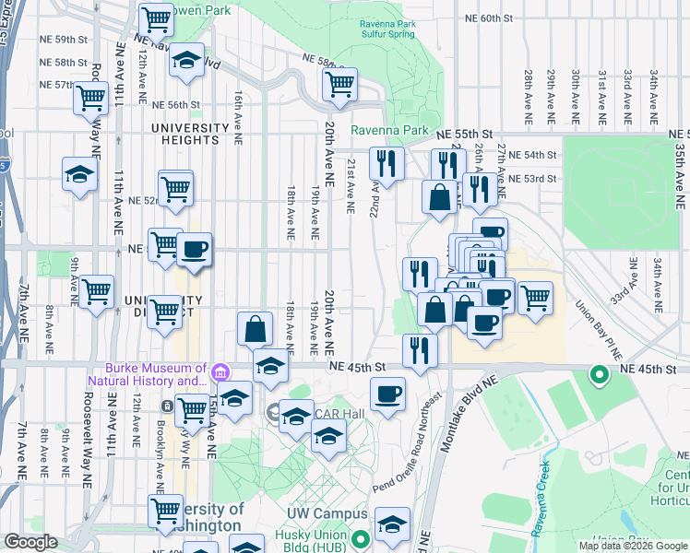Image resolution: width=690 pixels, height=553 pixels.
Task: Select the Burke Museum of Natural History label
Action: pyautogui.click(x=147, y=373)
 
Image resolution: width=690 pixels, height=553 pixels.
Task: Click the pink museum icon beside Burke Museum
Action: pyautogui.click(x=220, y=372)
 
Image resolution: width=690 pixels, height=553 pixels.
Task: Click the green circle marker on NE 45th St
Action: pyautogui.click(x=599, y=374)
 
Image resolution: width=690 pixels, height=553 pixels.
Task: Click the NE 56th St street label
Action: pyautogui.click(x=175, y=105)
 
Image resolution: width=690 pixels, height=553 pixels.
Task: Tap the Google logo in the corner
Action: pyautogui.click(x=30, y=542)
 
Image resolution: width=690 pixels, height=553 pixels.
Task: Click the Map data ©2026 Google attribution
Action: pyautogui.click(x=633, y=546)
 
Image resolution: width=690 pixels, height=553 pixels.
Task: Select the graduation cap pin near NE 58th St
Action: pyautogui.click(x=187, y=61)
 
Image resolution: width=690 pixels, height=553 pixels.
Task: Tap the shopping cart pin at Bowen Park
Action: pyautogui.click(x=156, y=18)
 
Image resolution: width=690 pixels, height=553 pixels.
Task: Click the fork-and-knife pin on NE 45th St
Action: pyautogui.click(x=419, y=351)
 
